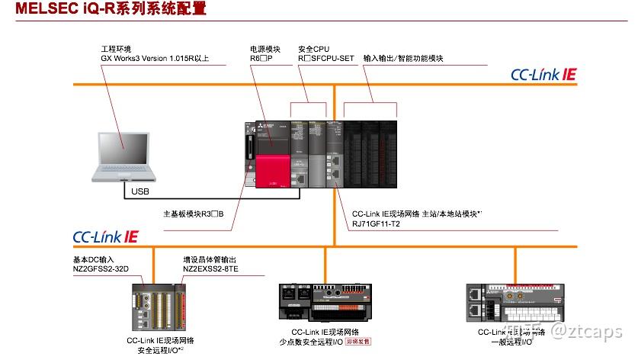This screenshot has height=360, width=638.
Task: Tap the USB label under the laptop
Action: tap(140, 191)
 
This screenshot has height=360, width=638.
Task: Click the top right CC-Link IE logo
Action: tap(543, 75)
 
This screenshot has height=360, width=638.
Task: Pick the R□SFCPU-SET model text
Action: tap(326, 58)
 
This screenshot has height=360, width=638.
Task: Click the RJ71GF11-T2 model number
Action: tap(376, 224)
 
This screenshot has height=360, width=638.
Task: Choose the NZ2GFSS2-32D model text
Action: tap(95, 269)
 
